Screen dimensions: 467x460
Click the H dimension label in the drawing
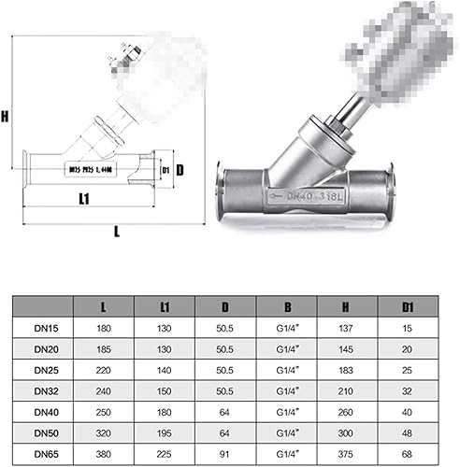[6, 118]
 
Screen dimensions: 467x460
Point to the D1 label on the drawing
[165, 171]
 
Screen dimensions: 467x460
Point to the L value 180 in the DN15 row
[106, 329]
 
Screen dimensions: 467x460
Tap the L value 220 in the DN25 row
[106, 371]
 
